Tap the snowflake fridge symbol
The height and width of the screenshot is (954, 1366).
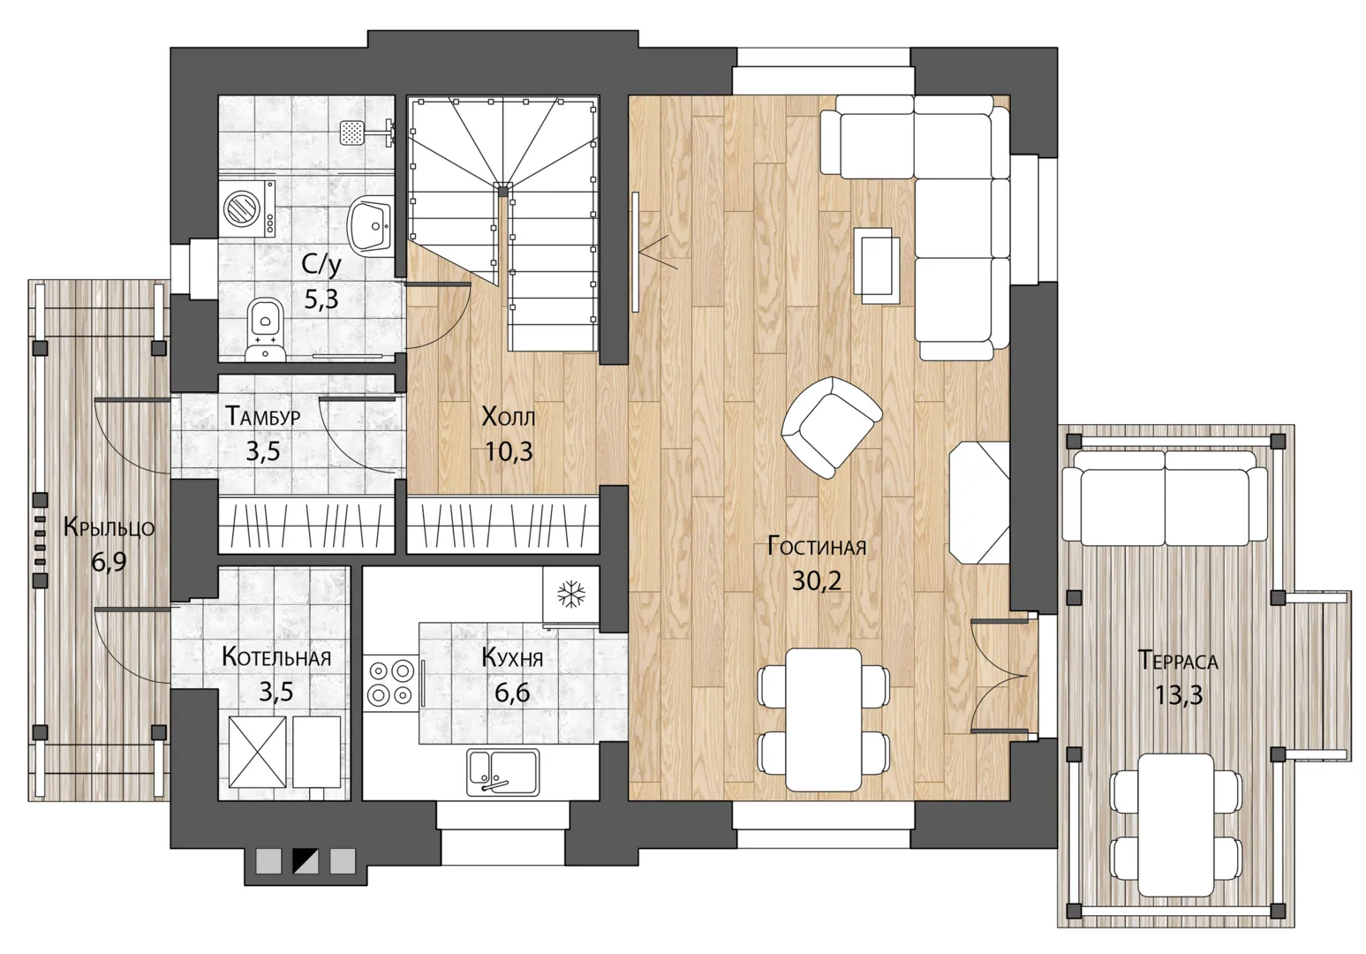click(570, 594)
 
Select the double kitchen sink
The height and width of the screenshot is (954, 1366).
click(503, 772)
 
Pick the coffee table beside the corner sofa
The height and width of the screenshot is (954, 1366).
click(877, 265)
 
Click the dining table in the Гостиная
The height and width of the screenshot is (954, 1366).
click(823, 720)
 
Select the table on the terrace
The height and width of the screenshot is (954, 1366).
click(1176, 825)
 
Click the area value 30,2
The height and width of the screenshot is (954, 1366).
click(817, 580)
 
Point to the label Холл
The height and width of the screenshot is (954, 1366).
click(509, 417)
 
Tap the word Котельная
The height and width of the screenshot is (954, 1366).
click(276, 657)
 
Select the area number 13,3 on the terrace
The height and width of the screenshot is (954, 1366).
click(1178, 695)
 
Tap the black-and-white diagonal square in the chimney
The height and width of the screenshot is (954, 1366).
click(306, 860)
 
